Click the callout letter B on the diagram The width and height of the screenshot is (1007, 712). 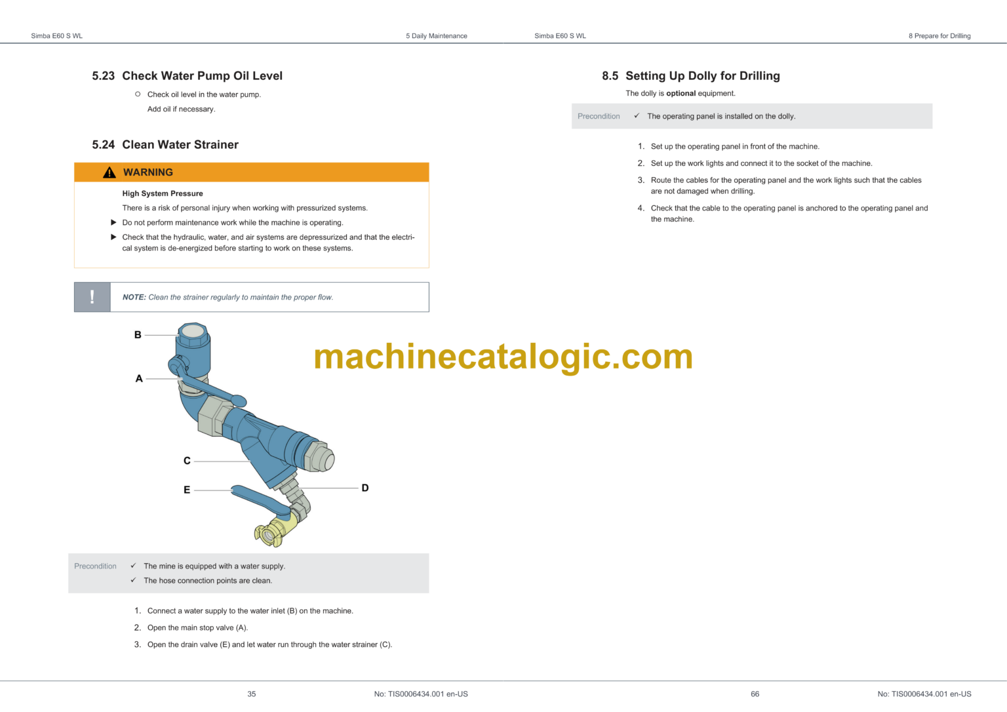pyautogui.click(x=138, y=335)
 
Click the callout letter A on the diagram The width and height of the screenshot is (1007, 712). pyautogui.click(x=139, y=378)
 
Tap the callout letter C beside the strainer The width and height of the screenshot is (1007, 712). pyautogui.click(x=187, y=461)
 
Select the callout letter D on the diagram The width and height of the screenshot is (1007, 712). pyautogui.click(x=365, y=488)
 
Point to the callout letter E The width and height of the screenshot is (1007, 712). pyautogui.click(x=187, y=490)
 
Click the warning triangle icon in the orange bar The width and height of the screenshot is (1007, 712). pyautogui.click(x=109, y=172)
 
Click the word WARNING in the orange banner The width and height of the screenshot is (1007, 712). pyautogui.click(x=148, y=172)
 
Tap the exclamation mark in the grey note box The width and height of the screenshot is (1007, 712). pyautogui.click(x=92, y=297)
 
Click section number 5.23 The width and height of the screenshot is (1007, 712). pyautogui.click(x=103, y=76)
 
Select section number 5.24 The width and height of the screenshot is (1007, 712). pyautogui.click(x=103, y=145)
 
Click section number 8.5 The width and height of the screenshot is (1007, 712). pyautogui.click(x=610, y=76)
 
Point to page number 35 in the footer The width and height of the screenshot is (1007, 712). pyautogui.click(x=252, y=694)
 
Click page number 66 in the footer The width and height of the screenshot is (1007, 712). pyautogui.click(x=755, y=694)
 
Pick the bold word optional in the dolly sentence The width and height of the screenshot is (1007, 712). pyautogui.click(x=681, y=94)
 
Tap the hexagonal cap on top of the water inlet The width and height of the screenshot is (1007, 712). pyautogui.click(x=192, y=331)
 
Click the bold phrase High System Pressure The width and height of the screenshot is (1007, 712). pyautogui.click(x=163, y=193)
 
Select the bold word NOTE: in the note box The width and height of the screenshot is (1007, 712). pyautogui.click(x=134, y=297)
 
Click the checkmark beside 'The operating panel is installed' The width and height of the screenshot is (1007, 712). pyautogui.click(x=636, y=116)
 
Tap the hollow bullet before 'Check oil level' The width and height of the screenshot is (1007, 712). pyautogui.click(x=138, y=94)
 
